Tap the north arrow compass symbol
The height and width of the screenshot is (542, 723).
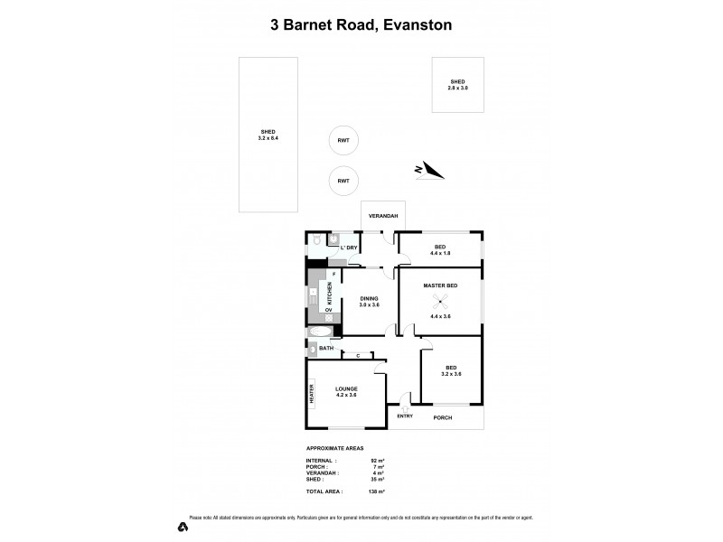pos(427,170)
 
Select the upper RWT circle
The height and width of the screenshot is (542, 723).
pos(343,140)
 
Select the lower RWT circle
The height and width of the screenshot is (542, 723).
pos(343,181)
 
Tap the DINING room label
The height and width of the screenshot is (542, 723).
pos(369,299)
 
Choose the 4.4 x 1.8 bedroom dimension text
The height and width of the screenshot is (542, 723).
pos(440,252)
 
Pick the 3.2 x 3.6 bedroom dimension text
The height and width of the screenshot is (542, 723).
pos(452,374)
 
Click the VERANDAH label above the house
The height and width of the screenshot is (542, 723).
pos(382,219)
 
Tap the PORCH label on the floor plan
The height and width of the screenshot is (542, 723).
pos(442,417)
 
